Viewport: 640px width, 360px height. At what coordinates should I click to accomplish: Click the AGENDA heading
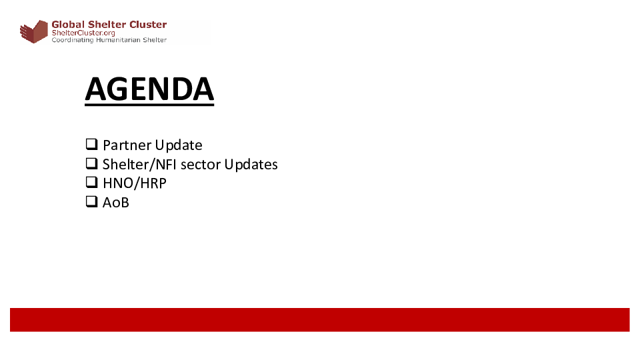click(x=149, y=89)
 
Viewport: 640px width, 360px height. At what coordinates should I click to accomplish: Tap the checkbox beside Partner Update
click(x=92, y=144)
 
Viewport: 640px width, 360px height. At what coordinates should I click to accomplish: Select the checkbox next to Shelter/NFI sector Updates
click(x=92, y=163)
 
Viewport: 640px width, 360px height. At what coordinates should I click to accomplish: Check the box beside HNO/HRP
click(x=92, y=182)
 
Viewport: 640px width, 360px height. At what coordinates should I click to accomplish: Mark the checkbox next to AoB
click(x=92, y=201)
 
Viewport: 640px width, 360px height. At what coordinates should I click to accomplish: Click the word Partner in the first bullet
click(x=127, y=145)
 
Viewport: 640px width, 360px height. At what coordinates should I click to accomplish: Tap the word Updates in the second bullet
click(x=251, y=165)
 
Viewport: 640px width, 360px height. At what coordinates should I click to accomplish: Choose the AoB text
click(x=116, y=203)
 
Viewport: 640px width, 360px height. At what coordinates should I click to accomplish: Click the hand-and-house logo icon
click(x=34, y=31)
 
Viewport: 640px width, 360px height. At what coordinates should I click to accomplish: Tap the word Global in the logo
click(x=68, y=25)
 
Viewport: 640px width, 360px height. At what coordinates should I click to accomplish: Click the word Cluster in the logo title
click(x=148, y=25)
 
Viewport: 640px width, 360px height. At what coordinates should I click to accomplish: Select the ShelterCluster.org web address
click(x=83, y=33)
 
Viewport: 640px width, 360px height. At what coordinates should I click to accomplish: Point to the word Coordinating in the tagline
click(x=73, y=40)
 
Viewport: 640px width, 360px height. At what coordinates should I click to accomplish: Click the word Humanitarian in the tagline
click(x=119, y=40)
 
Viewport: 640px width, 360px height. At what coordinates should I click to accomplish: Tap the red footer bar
click(x=320, y=319)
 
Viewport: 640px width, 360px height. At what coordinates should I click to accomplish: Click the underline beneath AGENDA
click(x=149, y=105)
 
